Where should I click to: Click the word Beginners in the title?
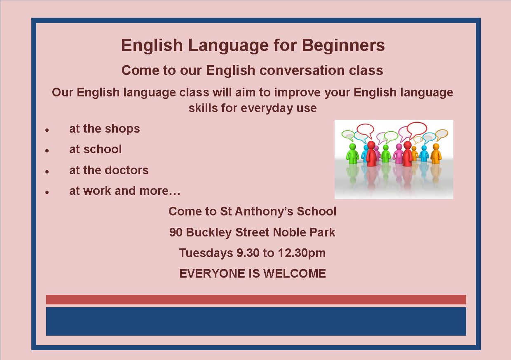tap(343, 46)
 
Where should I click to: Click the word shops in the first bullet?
tap(122, 129)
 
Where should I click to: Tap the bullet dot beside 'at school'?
tap(47, 151)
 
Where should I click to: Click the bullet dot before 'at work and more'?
tap(47, 192)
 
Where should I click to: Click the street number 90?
tap(176, 232)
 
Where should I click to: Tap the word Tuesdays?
tap(206, 253)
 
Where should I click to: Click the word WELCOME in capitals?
tap(295, 274)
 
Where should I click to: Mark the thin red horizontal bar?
tap(256, 299)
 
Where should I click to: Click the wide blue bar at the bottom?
tap(256, 321)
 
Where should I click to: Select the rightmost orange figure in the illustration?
tap(436, 154)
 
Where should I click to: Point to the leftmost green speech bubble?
tap(348, 135)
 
